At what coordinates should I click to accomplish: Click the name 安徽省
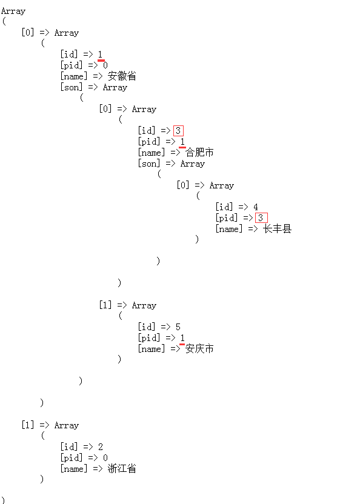click(x=122, y=76)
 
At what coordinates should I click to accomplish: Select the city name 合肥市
click(x=199, y=153)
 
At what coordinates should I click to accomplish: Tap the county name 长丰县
click(x=277, y=228)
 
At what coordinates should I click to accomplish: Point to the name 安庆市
click(x=199, y=349)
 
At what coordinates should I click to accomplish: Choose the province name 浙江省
click(x=122, y=468)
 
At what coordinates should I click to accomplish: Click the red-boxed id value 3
click(x=178, y=131)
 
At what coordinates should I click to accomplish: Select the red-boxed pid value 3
click(x=261, y=218)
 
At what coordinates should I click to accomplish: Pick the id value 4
click(x=255, y=207)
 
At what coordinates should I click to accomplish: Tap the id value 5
click(x=178, y=327)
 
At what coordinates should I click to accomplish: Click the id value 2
click(x=101, y=447)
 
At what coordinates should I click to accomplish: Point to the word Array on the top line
click(x=13, y=12)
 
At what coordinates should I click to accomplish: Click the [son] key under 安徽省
click(x=72, y=87)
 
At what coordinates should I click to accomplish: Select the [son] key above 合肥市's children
click(x=149, y=164)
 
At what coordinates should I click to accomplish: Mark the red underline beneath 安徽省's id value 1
click(x=101, y=60)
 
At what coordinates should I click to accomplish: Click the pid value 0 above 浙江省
click(x=105, y=458)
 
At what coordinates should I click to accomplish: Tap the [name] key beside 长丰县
click(x=228, y=229)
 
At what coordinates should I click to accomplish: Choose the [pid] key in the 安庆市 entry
click(x=149, y=338)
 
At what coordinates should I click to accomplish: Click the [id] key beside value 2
click(x=69, y=447)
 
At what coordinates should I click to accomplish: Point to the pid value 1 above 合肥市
click(x=182, y=142)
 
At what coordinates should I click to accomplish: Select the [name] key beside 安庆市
click(x=151, y=349)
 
